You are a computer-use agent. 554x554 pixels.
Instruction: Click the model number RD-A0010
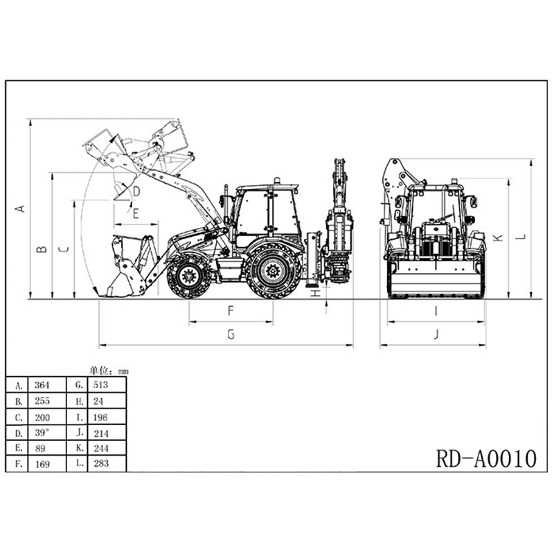pos(486,458)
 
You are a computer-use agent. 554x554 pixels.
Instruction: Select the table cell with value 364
pos(42,385)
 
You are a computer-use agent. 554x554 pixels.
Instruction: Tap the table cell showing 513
pos(100,384)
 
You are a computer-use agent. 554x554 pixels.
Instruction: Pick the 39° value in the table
pos(42,433)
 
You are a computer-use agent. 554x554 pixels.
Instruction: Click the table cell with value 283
pos(101,463)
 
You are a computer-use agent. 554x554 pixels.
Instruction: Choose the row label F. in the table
pos(19,463)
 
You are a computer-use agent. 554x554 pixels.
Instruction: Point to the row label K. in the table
pos(80,448)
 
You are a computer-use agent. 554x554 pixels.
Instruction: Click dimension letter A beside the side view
pos(21,209)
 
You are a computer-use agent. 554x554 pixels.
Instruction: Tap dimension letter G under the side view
pos(231,334)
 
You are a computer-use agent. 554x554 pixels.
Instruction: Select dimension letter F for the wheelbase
pos(231,311)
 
